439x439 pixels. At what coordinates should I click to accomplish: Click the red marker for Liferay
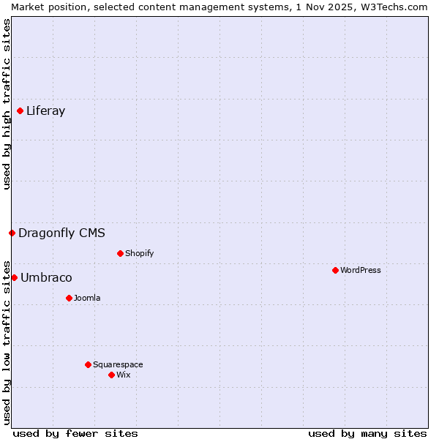click(x=20, y=111)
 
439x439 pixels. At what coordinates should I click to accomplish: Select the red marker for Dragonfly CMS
click(x=12, y=233)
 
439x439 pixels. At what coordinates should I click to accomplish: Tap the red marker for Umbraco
click(x=14, y=278)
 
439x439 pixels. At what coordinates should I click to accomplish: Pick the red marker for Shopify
click(x=120, y=254)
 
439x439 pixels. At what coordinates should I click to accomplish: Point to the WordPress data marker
click(x=335, y=271)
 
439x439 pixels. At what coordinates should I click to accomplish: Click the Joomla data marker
click(x=69, y=299)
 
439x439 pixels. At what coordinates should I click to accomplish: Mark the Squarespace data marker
click(x=88, y=365)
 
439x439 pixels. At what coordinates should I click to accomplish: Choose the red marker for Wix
click(x=111, y=375)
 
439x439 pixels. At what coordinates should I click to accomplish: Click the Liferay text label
click(x=45, y=111)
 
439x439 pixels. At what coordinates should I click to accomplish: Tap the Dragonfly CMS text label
click(x=61, y=233)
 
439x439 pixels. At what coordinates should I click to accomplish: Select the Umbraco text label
click(x=46, y=278)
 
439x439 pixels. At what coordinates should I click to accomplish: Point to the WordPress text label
click(x=360, y=271)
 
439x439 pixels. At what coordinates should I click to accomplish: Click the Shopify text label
click(x=139, y=254)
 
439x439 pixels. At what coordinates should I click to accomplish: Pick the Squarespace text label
click(x=118, y=365)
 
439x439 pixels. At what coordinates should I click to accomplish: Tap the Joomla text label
click(x=87, y=299)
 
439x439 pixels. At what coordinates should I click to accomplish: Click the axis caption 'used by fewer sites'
click(x=75, y=433)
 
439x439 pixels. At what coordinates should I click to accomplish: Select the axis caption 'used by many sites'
click(x=367, y=433)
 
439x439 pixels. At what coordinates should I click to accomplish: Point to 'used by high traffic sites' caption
click(x=7, y=104)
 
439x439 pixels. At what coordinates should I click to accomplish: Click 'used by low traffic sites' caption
click(x=7, y=342)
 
